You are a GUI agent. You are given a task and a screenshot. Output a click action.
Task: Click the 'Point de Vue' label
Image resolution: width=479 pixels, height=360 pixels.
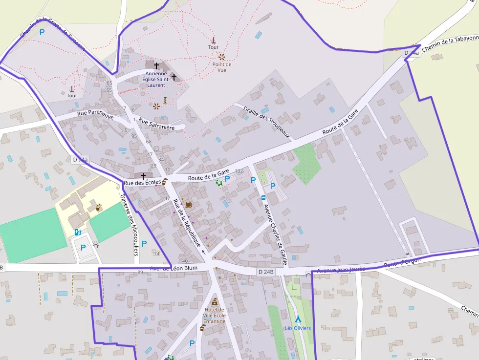point(221,67)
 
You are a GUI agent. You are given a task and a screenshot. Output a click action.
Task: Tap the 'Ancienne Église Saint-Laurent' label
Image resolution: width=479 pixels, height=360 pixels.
point(156,79)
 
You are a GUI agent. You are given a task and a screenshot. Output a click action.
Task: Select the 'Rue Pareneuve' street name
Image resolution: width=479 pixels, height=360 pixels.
point(95,115)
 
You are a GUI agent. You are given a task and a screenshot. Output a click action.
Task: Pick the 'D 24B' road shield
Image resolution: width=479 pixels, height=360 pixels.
point(266,272)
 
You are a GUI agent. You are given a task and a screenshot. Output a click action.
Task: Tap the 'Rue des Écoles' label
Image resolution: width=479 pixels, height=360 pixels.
point(142,183)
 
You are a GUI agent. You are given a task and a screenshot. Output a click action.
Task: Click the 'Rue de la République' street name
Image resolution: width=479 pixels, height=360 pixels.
point(187,224)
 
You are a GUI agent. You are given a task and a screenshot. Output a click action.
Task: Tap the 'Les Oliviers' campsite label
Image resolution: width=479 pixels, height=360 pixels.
point(298,328)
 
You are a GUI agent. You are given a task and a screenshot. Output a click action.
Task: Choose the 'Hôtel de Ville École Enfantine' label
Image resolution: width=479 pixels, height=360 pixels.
point(215,315)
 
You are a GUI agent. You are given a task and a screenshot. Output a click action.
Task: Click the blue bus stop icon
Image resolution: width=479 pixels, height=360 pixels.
point(263,198)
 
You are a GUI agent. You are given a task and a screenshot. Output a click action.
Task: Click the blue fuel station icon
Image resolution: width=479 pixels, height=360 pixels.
point(77,233)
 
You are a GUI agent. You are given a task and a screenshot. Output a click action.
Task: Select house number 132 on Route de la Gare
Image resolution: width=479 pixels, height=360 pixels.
point(239,171)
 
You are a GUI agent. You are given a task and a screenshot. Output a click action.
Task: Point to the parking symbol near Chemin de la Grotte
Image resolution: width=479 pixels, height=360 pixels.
point(43,32)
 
